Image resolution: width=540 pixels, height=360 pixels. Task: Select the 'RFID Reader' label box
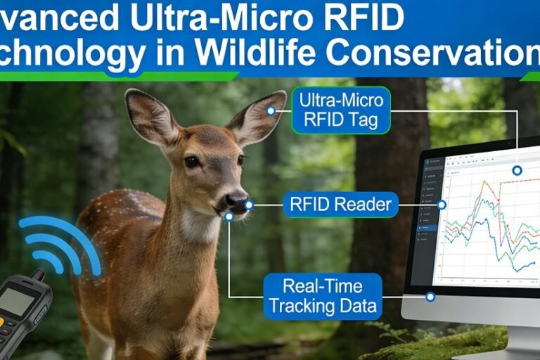click(340, 205)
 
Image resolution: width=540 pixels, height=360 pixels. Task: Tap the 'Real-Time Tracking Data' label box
click(323, 295)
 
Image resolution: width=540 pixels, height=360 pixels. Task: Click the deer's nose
click(236, 201)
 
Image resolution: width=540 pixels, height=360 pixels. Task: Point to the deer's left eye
click(240, 160)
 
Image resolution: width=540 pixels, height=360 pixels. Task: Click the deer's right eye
click(191, 161)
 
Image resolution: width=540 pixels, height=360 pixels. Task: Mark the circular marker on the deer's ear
click(270, 110)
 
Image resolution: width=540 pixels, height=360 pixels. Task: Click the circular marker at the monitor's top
click(517, 170)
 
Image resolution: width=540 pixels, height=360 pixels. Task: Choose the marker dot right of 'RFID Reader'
click(442, 205)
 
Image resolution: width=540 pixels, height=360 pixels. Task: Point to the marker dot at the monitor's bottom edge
click(430, 297)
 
